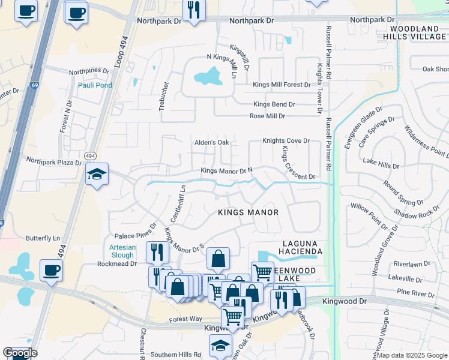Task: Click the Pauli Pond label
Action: pyautogui.click(x=95, y=85)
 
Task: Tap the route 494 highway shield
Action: pyautogui.click(x=90, y=155)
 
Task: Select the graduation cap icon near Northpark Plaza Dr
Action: pyautogui.click(x=97, y=175)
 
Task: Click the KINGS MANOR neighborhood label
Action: pyautogui.click(x=248, y=212)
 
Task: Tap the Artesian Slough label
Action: pyautogui.click(x=122, y=251)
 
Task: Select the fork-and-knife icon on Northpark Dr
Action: pyautogui.click(x=194, y=10)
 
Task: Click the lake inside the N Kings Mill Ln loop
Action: pyautogui.click(x=207, y=76)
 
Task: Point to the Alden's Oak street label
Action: pyautogui.click(x=211, y=143)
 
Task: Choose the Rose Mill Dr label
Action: pyautogui.click(x=267, y=116)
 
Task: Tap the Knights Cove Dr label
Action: pyautogui.click(x=286, y=141)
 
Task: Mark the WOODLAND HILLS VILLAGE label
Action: pyautogui.click(x=414, y=32)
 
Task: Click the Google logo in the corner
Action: pyautogui.click(x=20, y=353)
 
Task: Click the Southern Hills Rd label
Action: pyautogui.click(x=172, y=355)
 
